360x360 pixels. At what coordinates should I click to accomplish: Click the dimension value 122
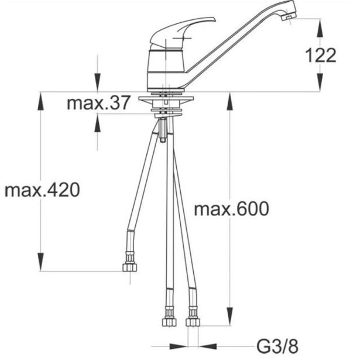coord(321,56)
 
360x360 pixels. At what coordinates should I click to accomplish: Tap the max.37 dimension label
coord(98,102)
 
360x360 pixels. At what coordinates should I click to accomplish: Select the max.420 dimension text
coord(42,190)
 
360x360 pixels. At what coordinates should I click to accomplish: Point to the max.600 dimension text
coord(231,208)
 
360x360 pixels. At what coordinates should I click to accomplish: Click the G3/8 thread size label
coord(277,347)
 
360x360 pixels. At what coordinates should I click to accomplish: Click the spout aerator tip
coord(289,16)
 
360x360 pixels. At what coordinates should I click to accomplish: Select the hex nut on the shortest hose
coord(130,268)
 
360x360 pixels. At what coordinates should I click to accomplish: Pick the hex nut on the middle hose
coord(169,322)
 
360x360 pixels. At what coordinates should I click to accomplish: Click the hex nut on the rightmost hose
coord(193,322)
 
